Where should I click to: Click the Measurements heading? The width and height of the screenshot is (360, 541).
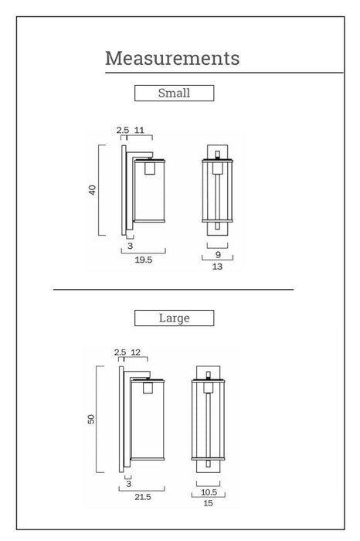pos(172,58)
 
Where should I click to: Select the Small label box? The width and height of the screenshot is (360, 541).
pos(174,94)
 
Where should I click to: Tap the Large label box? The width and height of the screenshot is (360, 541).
pos(174,318)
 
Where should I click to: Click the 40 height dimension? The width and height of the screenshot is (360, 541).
pos(92,190)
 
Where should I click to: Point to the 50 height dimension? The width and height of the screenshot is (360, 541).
pos(90,419)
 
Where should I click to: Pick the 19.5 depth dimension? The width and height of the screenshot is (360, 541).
pos(144,260)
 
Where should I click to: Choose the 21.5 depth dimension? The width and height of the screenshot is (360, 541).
pos(143,497)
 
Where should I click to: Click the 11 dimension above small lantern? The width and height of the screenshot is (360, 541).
pos(139,130)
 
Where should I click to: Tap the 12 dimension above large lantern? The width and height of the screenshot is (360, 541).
pos(135,352)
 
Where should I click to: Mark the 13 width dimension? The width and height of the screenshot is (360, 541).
pos(217,267)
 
